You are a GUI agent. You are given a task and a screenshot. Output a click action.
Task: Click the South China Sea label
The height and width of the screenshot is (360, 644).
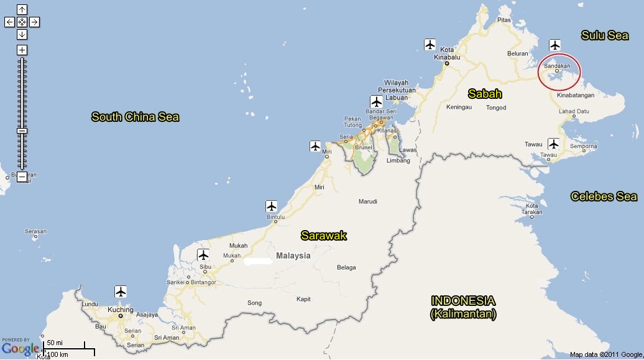pos(135,116)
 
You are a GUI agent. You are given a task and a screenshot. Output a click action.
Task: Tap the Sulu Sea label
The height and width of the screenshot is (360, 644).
pos(604,35)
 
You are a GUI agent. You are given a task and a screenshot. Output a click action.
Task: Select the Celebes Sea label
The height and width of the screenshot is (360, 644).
pos(604,196)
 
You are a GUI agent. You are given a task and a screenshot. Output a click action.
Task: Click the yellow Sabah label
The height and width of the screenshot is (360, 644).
pos(485,94)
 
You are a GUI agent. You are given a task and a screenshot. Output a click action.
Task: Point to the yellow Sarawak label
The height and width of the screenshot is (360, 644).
pos(323,236)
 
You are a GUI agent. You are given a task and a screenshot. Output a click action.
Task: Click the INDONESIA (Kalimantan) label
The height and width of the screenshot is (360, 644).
pos(463,307)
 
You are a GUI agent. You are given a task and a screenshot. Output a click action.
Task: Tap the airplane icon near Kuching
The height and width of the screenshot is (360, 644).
pos(121,291)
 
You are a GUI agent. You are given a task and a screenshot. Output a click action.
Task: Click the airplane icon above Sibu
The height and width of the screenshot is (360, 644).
pos(203,254)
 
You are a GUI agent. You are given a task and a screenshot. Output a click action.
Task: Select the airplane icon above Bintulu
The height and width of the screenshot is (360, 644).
pos(271,205)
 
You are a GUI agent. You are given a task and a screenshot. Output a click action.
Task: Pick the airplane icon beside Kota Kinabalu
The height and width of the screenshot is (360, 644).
pos(430,44)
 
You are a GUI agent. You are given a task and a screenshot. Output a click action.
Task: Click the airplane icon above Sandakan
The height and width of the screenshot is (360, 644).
pos(555,45)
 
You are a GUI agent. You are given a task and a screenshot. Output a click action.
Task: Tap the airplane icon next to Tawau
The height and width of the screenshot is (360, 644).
pos(553,144)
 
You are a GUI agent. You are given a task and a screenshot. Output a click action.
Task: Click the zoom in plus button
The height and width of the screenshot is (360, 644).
pos(22,50)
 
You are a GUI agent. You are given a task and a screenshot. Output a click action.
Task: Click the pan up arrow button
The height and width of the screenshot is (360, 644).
pos(22,9)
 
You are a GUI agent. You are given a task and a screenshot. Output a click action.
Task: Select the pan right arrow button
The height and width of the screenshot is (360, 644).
pos(35,22)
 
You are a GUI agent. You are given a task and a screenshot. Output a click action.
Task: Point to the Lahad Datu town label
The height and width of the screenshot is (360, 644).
pos(574,112)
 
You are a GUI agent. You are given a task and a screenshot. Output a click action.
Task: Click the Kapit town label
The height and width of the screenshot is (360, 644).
pos(303,299)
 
